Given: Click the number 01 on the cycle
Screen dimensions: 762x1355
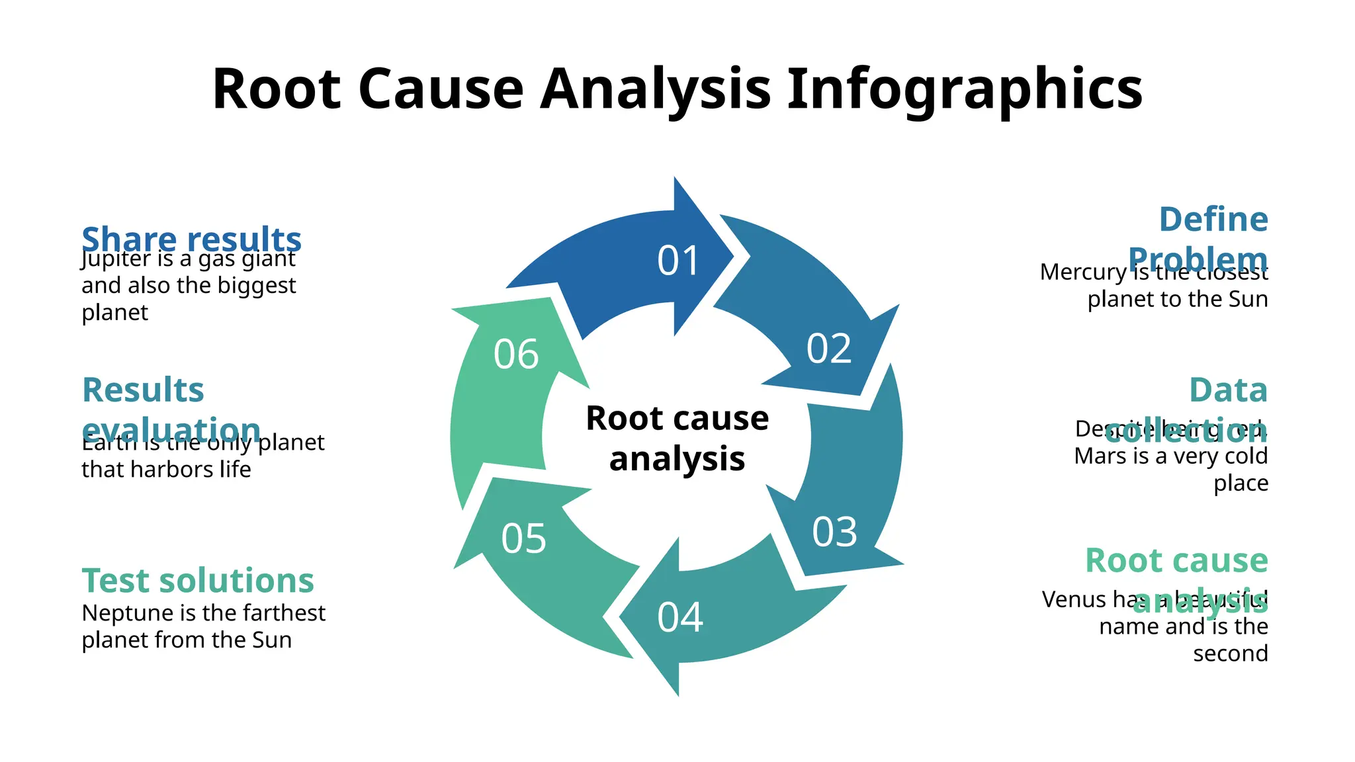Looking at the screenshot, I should [x=678, y=261].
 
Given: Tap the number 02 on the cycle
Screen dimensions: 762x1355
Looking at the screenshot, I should [x=828, y=349].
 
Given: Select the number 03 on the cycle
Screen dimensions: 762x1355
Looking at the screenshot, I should [x=834, y=532].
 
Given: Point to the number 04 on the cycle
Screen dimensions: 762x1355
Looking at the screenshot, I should [x=679, y=617].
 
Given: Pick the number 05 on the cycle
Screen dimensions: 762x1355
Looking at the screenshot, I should [x=523, y=538].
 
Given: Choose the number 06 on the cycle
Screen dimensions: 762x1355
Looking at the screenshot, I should [x=516, y=355].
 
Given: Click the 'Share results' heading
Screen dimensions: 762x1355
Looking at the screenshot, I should [x=191, y=238].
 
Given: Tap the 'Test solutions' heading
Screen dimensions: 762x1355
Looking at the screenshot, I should [x=198, y=581].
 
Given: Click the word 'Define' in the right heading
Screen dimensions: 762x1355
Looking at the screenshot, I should [x=1213, y=220].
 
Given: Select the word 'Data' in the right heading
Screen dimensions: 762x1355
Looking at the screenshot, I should [x=1228, y=390].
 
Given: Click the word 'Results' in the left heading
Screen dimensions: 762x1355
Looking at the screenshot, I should [x=143, y=390].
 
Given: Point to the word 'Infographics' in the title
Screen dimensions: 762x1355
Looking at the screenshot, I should [x=965, y=89].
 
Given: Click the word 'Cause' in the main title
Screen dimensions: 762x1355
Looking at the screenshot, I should [x=441, y=89].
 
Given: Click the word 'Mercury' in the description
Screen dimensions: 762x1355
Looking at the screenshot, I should [x=1082, y=273].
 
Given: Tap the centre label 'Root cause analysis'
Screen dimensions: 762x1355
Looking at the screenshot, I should [x=677, y=438].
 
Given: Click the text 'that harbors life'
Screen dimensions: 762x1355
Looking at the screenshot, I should [x=166, y=470].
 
